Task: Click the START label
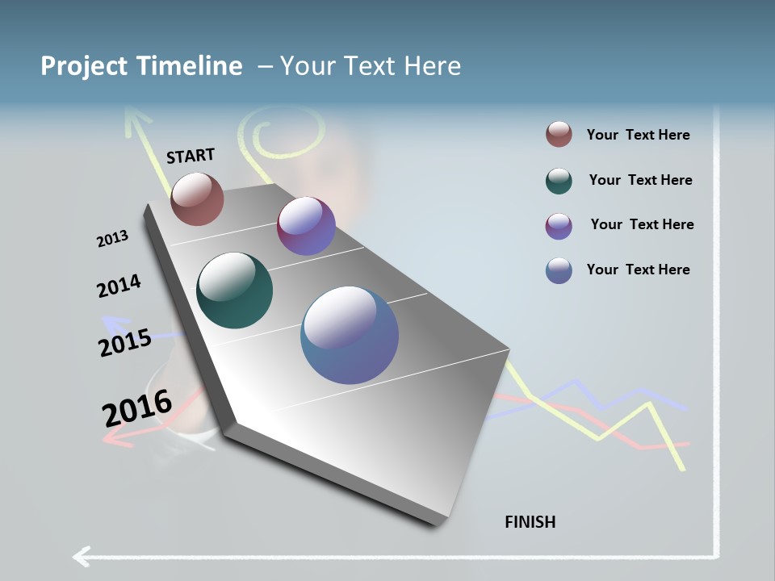click(x=191, y=156)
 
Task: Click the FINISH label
click(x=530, y=522)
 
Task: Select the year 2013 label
click(x=112, y=239)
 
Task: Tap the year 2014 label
click(x=119, y=286)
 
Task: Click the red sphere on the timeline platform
click(x=197, y=199)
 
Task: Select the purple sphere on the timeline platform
click(x=306, y=226)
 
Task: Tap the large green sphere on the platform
click(x=235, y=290)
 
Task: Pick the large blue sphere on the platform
click(x=350, y=335)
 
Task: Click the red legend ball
click(x=559, y=135)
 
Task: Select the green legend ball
click(x=559, y=181)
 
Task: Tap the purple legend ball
click(x=559, y=226)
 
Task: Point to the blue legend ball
click(x=559, y=270)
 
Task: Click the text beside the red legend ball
click(x=638, y=135)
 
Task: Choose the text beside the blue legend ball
click(x=638, y=270)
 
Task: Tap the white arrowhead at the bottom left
click(x=81, y=556)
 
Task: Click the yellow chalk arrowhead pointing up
click(x=136, y=121)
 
